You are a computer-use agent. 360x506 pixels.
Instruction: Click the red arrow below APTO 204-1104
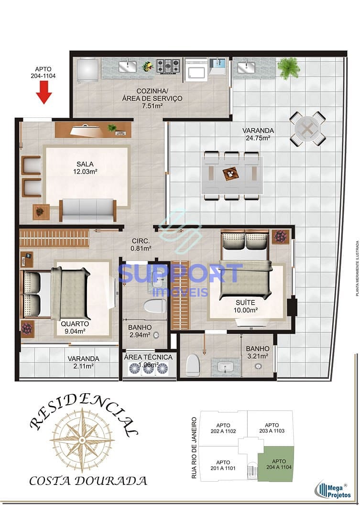[44, 92]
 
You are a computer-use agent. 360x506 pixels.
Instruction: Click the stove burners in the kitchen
[169, 66]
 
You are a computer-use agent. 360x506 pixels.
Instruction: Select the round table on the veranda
[307, 128]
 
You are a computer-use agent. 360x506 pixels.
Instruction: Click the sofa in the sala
[88, 209]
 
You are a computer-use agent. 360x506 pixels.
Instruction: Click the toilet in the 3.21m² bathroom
[193, 365]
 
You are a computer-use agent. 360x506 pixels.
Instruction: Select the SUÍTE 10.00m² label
[246, 307]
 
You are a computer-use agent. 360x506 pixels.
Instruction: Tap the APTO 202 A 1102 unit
[223, 428]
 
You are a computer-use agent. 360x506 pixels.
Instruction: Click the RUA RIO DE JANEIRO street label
[194, 448]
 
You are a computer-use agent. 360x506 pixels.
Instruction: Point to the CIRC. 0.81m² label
[141, 244]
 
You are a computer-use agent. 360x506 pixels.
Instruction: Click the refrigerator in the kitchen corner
[87, 70]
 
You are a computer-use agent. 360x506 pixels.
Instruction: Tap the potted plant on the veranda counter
[289, 67]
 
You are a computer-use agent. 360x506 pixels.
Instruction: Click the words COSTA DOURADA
[88, 480]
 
